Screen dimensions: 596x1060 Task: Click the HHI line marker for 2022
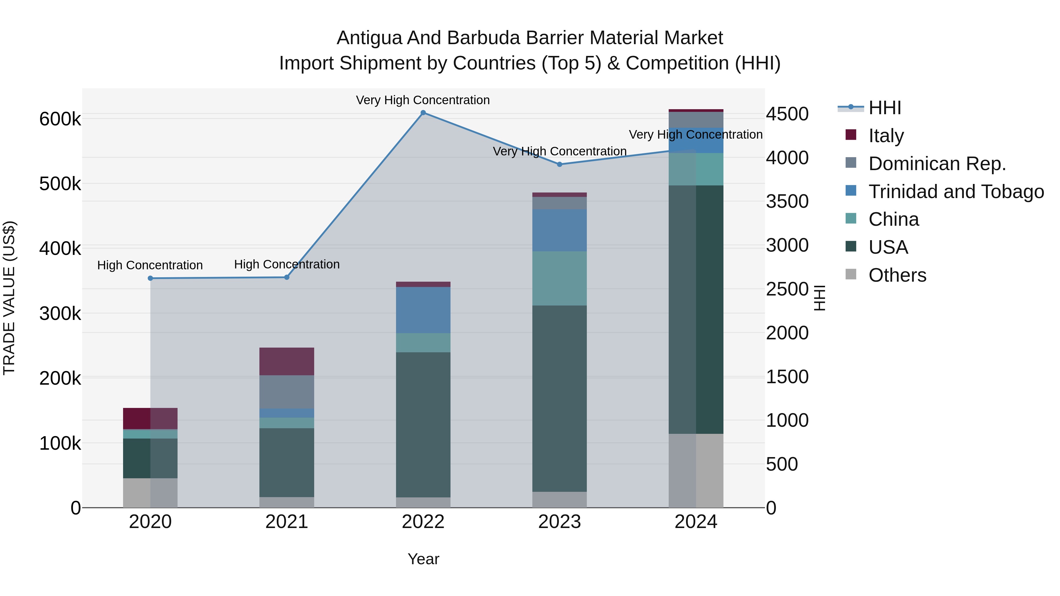(x=423, y=113)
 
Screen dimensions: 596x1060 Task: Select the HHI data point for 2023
(x=559, y=165)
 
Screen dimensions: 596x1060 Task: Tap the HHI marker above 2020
(x=150, y=278)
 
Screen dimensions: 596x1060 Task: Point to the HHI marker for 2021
(x=287, y=277)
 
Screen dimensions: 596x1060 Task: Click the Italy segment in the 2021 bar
(x=287, y=361)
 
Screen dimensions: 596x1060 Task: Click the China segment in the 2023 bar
(x=559, y=278)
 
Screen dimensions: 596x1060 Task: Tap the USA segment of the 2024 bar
(x=696, y=309)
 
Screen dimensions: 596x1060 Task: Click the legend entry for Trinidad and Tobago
(x=956, y=192)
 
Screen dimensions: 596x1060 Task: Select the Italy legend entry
(x=886, y=136)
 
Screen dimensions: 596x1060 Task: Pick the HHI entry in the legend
(x=885, y=108)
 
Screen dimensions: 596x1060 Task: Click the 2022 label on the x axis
(x=423, y=522)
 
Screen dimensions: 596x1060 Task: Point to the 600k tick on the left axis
(x=60, y=119)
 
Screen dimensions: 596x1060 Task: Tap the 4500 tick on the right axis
(x=787, y=114)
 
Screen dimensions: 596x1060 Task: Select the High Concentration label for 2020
(x=150, y=265)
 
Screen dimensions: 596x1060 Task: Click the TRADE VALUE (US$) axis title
(x=9, y=298)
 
